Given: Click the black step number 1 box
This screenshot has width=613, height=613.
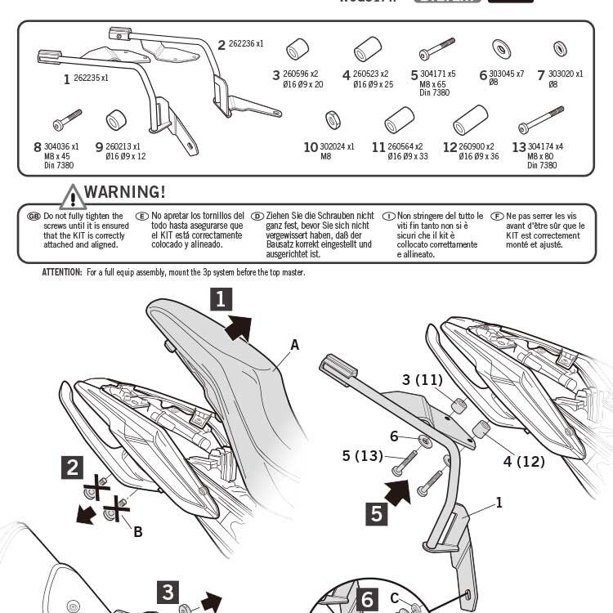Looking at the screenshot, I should (221, 300).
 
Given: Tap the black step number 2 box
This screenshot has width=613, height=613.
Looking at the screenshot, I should (74, 468).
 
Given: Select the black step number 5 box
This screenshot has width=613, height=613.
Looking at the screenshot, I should (377, 513).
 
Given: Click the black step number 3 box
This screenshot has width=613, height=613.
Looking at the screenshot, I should (168, 593).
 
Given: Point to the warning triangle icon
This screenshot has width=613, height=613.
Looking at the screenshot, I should (72, 197).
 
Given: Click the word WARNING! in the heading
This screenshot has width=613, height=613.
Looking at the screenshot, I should (124, 192).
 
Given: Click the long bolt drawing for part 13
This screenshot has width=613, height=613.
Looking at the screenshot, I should (540, 120).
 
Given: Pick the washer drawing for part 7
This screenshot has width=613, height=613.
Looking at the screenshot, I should (560, 48).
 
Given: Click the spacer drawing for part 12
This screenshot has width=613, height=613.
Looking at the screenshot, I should (470, 119).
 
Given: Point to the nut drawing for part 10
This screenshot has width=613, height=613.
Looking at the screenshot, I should (333, 120).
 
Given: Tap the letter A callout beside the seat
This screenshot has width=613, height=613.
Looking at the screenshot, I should (295, 345).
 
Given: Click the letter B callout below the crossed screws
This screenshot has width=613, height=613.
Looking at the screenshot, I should (137, 532).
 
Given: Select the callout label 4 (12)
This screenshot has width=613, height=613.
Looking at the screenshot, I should (524, 462).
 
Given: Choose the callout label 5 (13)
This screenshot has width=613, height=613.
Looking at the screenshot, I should (362, 456).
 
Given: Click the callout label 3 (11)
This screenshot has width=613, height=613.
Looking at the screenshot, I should (422, 380).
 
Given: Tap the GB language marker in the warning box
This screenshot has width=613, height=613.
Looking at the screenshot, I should (34, 216).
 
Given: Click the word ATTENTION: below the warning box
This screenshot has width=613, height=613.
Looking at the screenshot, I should (62, 272).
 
